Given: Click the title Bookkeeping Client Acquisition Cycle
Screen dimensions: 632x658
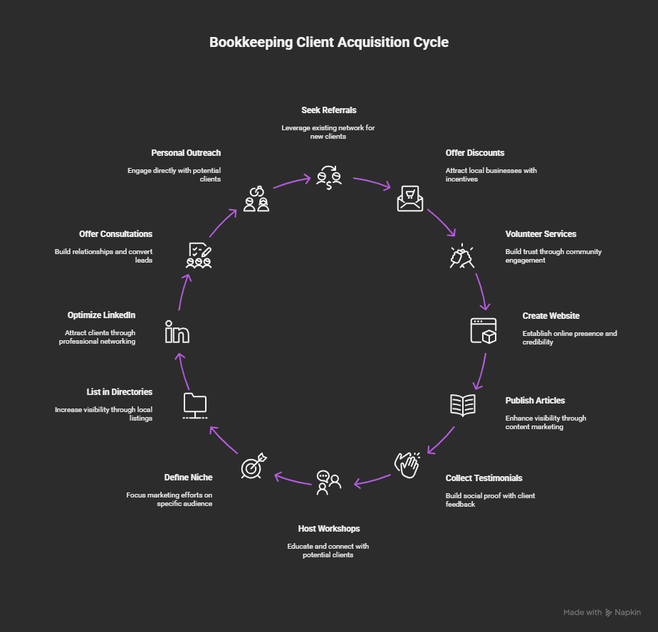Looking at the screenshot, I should click(x=329, y=42).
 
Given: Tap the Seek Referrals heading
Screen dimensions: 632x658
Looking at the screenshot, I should click(x=328, y=110).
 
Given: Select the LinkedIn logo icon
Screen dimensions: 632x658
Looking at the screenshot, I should click(x=177, y=332).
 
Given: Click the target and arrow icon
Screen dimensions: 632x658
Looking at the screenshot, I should click(x=254, y=465).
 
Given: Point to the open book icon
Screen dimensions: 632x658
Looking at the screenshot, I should click(x=463, y=404).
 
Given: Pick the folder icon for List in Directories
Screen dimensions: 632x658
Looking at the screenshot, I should click(x=194, y=405).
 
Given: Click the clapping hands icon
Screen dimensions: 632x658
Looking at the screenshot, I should click(x=407, y=465).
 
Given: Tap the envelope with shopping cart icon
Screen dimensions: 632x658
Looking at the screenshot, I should click(x=409, y=199).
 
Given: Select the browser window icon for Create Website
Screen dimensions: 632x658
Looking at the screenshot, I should click(x=484, y=331).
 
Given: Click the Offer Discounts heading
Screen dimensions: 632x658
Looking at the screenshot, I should click(x=475, y=153).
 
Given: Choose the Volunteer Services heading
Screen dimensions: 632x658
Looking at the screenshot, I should click(x=540, y=234).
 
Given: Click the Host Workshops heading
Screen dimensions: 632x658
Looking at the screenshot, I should click(x=328, y=529).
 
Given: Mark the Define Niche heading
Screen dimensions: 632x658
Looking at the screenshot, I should click(x=188, y=478).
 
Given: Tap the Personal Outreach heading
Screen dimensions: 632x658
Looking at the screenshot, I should click(x=186, y=153).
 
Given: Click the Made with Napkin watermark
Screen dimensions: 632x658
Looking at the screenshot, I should click(x=602, y=612).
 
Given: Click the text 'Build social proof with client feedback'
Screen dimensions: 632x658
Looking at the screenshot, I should click(x=490, y=500).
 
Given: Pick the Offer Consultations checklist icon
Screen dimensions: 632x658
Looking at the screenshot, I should click(x=199, y=254).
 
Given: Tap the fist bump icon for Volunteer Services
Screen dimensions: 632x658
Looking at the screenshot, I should click(x=462, y=256).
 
